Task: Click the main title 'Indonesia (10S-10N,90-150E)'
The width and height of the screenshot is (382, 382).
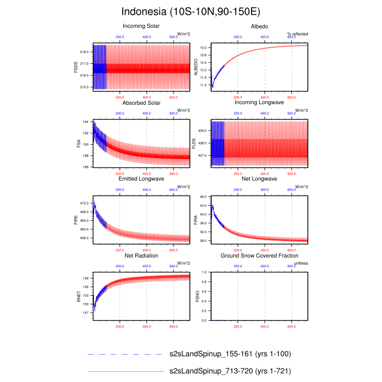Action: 191,11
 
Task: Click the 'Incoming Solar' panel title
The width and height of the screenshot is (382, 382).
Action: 141,26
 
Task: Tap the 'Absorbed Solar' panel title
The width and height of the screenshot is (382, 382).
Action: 141,103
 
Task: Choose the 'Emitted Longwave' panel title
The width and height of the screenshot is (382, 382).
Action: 141,179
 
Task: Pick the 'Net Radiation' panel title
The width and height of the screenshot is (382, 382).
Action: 141,255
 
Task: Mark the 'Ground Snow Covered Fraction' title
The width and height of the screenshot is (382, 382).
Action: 259,255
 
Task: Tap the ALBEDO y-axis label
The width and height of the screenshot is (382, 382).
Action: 196,67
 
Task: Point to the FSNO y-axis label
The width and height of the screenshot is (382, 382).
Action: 196,295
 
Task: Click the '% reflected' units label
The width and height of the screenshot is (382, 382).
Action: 297,34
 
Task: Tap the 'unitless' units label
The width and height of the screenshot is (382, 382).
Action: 301,263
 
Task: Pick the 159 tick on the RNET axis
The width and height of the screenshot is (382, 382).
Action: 86,278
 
